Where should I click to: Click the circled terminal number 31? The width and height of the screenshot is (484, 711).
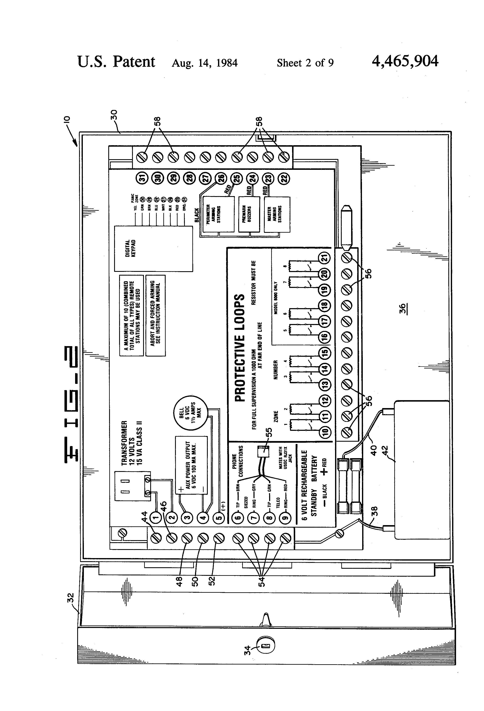[142, 178]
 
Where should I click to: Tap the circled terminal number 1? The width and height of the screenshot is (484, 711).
[156, 517]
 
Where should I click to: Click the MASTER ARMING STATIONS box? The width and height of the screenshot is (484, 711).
[277, 214]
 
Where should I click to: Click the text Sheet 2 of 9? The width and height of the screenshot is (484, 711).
[305, 63]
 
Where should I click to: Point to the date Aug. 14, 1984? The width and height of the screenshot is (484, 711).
[204, 63]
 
